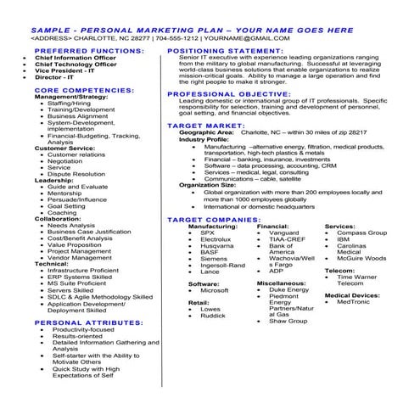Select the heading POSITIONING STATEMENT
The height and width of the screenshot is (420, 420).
click(226, 50)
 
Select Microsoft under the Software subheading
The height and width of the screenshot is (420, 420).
click(215, 291)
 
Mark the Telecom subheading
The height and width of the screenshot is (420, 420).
click(340, 270)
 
